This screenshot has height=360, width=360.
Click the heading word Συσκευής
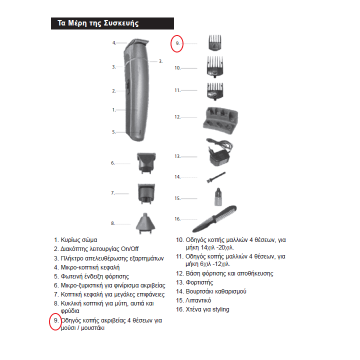pos(121,23)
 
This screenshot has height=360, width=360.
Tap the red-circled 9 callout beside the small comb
pos(177,43)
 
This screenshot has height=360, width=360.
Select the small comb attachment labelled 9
pos(215,42)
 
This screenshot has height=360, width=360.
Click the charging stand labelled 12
pos(220,120)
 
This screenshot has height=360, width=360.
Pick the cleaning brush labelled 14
pos(216,177)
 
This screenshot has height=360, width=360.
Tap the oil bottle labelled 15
pos(218,197)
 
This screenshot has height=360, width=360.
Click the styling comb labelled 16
pos(214,219)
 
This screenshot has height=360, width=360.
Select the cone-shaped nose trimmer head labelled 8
pos(145,223)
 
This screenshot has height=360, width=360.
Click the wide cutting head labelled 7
pos(146,193)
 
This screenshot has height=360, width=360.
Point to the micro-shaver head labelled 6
pos(146,163)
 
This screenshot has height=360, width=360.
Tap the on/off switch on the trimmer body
pos(127,87)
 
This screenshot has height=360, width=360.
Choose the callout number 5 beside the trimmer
pos(113,132)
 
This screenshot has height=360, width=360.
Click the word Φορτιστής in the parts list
pos(199,282)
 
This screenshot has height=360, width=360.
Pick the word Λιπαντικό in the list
pos(198,300)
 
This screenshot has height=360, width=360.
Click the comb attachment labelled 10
pos(215,66)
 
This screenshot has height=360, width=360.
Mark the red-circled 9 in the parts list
pos(55,321)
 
